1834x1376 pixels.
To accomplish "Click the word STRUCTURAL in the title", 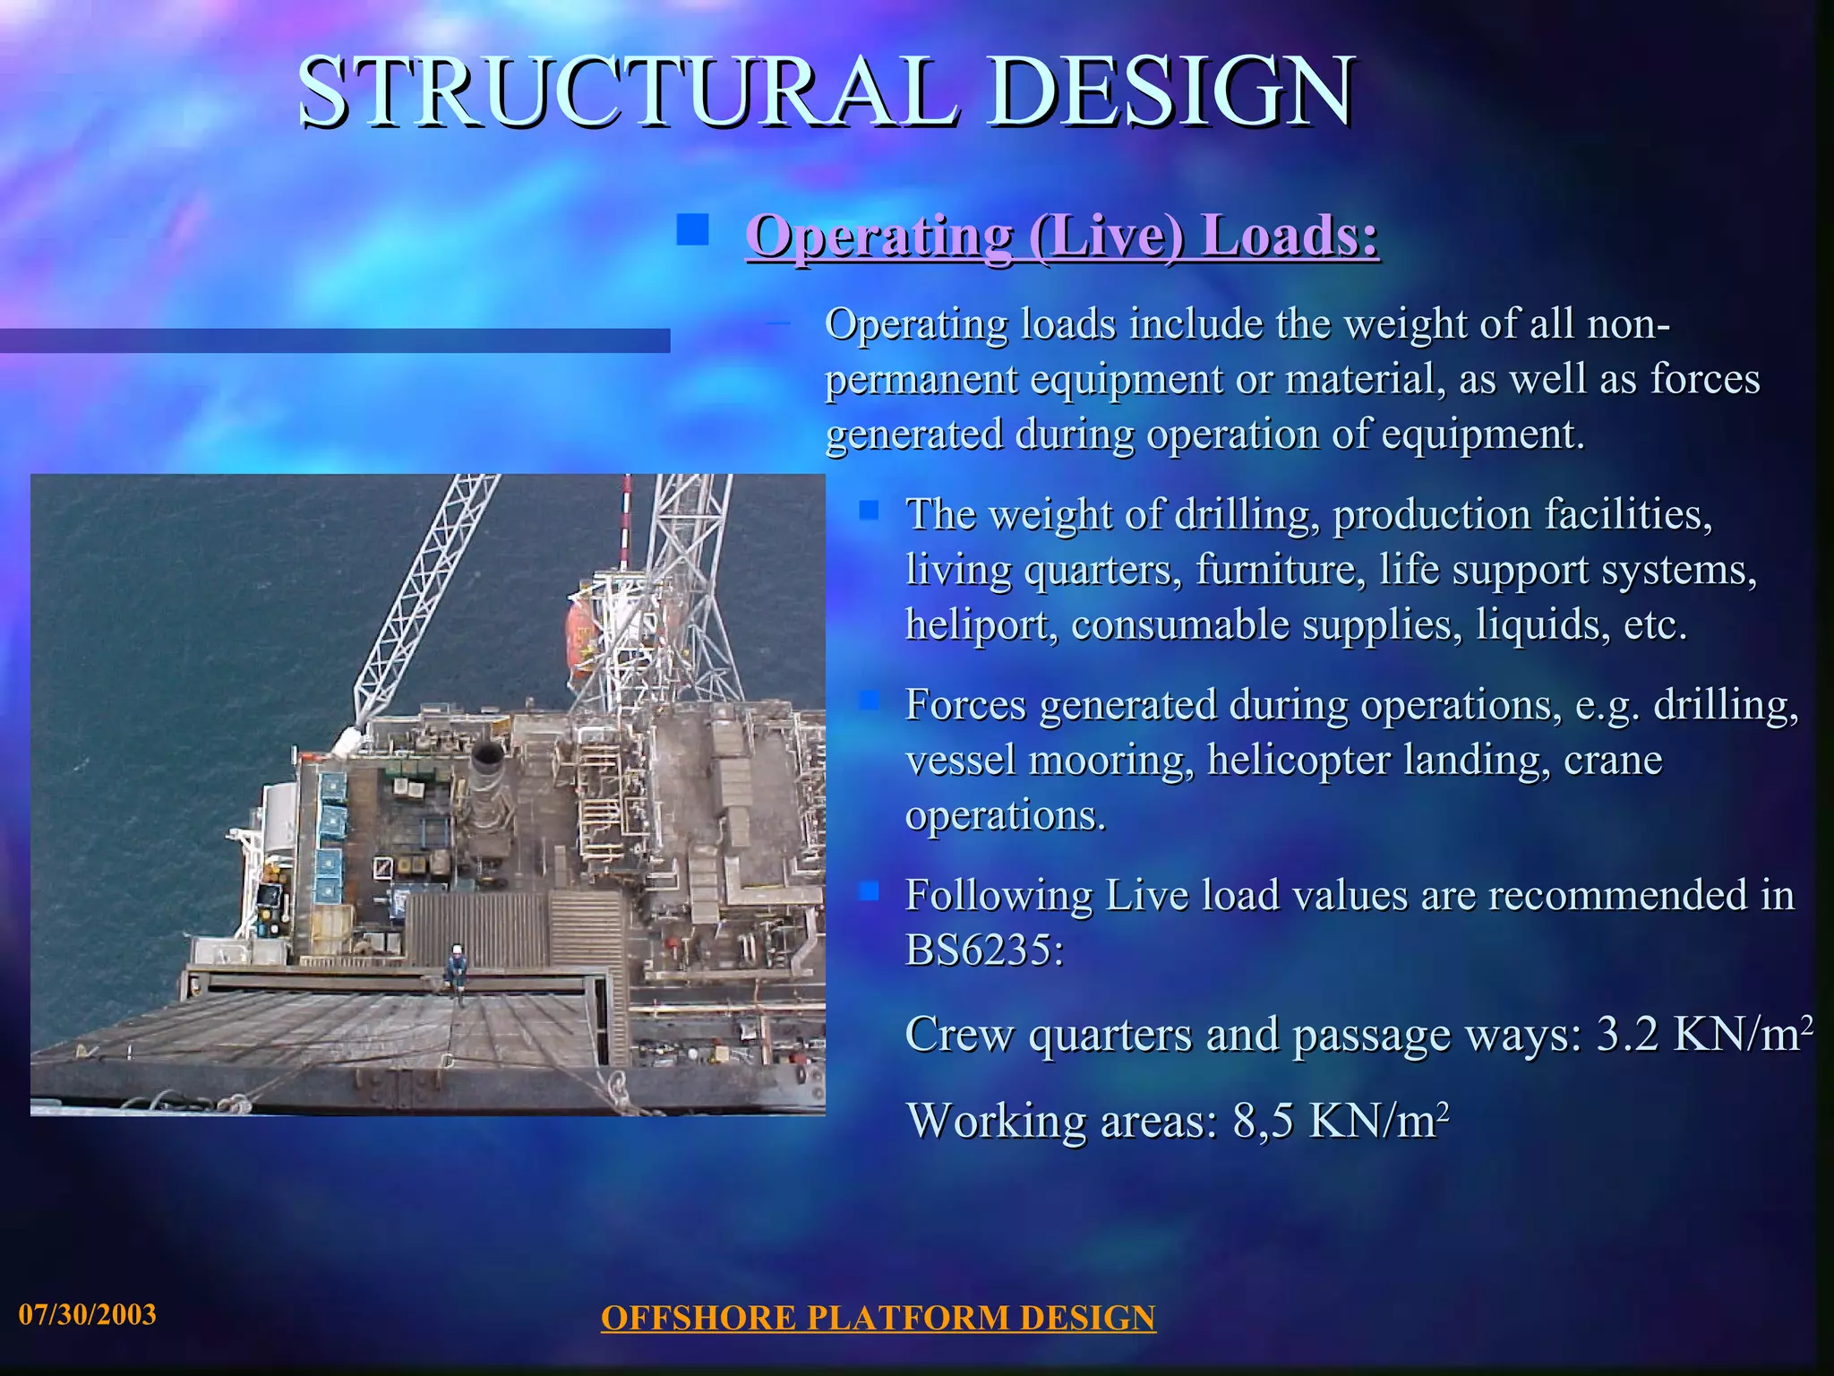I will click(x=627, y=91).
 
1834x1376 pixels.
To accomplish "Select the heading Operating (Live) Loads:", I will click(x=1062, y=236).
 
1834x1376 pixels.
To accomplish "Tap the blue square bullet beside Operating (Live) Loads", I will click(x=692, y=229).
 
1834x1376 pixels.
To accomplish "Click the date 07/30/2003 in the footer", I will click(x=88, y=1314).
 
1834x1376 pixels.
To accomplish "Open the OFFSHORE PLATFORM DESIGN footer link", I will click(x=878, y=1318).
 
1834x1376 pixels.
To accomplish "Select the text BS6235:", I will click(x=984, y=950).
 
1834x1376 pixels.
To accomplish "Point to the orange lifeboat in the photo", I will click(x=580, y=639).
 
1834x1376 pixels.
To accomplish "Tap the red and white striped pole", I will click(x=627, y=520).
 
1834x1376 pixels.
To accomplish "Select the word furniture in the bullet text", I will click(x=1280, y=570).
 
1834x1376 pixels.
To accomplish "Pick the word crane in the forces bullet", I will click(x=1613, y=761).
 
